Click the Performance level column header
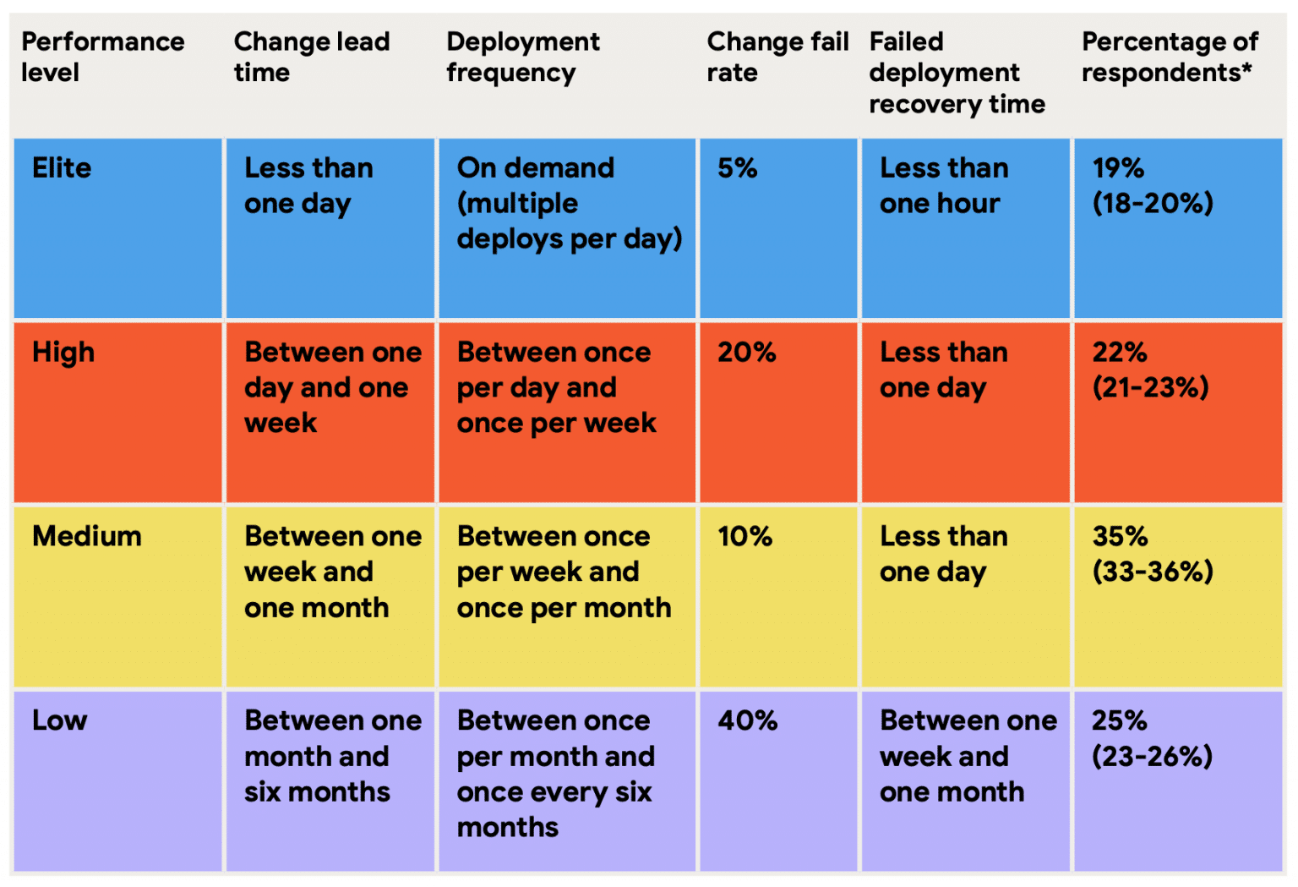point(102,57)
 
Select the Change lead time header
point(311,57)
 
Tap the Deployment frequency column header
point(522,57)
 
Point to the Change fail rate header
point(777,57)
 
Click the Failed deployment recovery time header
point(957,73)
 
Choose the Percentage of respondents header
point(1170,57)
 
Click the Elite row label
point(62,168)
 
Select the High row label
point(63,353)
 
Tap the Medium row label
point(87,536)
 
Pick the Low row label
point(60,720)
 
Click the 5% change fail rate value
point(737,168)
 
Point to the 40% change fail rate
point(747,720)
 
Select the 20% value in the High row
point(746,353)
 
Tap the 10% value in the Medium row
point(744,536)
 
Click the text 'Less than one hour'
point(943,186)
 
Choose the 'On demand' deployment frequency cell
point(568,204)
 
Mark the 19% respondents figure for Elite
point(1118,168)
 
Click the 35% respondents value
point(1120,536)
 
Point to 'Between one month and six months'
point(332,756)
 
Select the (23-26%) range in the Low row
point(1152,756)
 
